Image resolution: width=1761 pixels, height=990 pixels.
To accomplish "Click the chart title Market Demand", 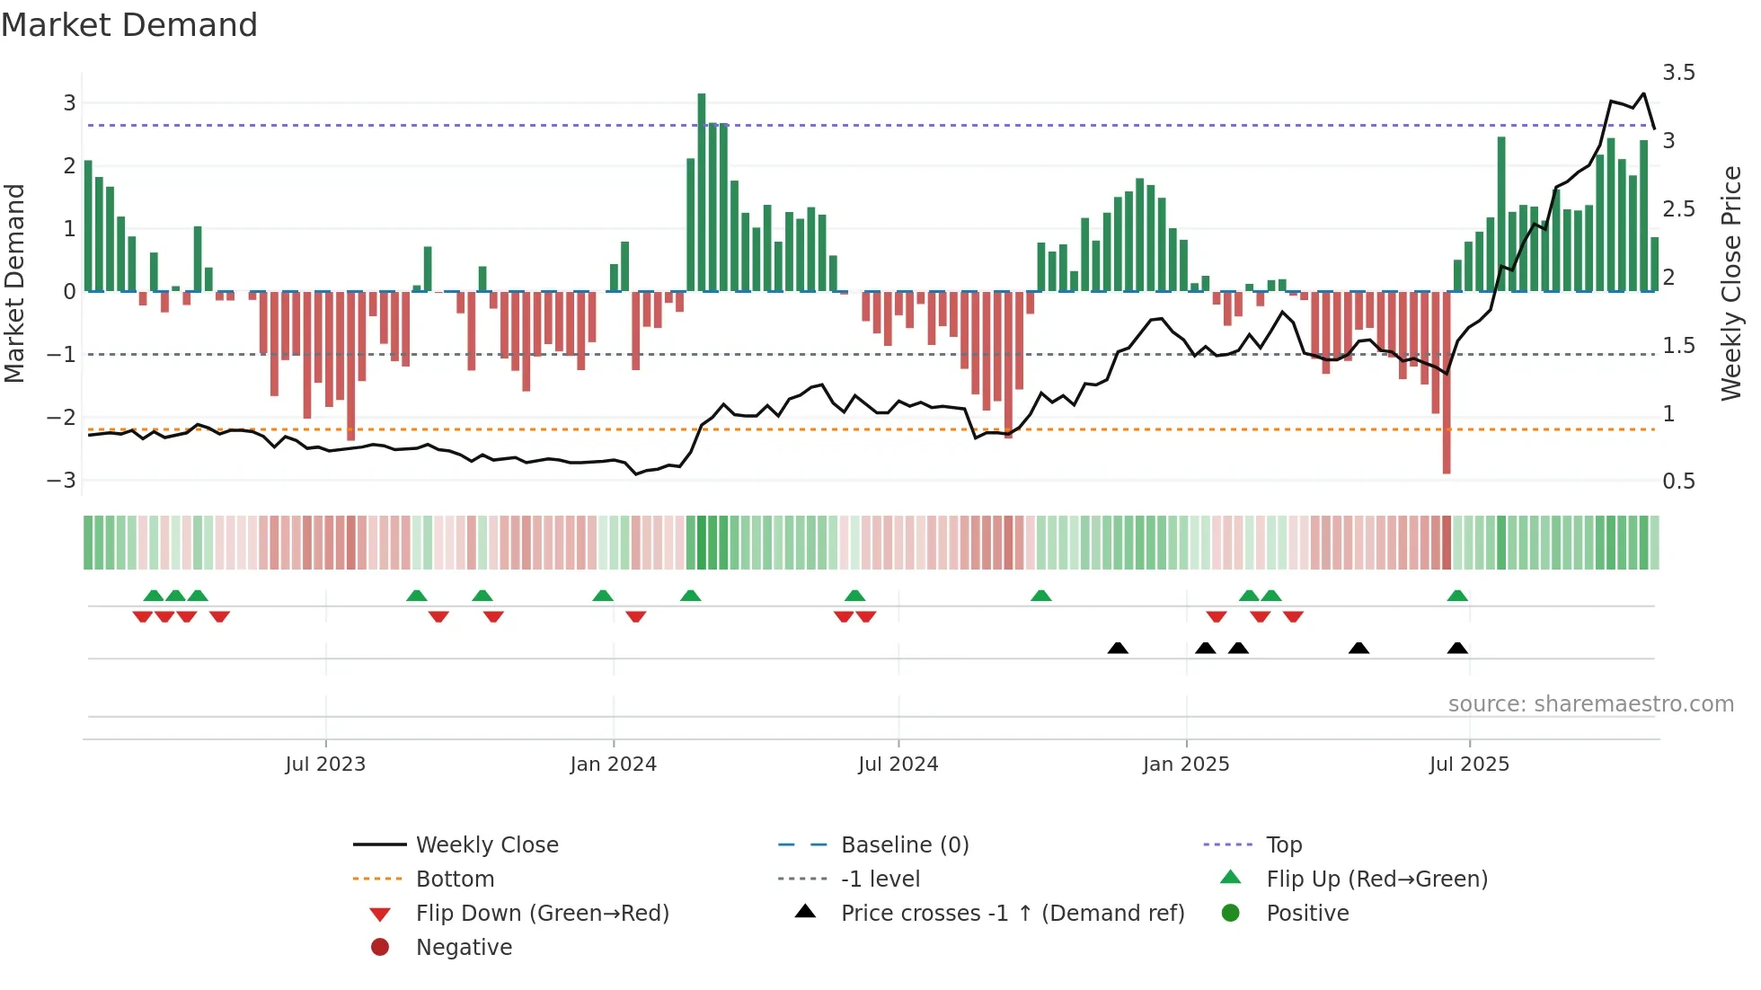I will tap(129, 25).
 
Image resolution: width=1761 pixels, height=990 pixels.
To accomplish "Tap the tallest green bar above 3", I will tap(702, 190).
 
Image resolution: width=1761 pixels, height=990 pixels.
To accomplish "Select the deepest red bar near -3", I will tap(1447, 382).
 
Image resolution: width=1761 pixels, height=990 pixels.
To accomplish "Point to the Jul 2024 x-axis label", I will tap(898, 765).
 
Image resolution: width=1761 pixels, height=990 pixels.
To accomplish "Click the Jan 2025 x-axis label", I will tap(1186, 765).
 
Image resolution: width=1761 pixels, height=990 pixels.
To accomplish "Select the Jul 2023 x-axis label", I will tap(325, 765).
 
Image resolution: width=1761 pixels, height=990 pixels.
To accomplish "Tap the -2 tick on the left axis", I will tap(62, 418).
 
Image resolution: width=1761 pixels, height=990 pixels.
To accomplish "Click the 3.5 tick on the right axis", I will tap(1678, 73).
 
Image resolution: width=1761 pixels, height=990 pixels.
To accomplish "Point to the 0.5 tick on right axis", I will tap(1678, 482).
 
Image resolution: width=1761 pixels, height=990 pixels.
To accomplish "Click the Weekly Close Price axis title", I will tap(1730, 283).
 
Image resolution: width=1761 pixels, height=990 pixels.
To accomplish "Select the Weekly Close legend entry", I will tap(486, 845).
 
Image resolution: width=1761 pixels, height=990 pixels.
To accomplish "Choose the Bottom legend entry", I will tap(455, 880).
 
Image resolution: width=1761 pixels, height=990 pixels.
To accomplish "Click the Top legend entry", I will tap(1284, 845).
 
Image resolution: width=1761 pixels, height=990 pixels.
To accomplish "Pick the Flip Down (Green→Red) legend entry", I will tap(542, 914).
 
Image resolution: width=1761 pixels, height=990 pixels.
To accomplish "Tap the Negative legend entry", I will tap(464, 948).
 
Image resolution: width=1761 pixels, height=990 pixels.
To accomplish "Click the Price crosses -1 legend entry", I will tap(1012, 914).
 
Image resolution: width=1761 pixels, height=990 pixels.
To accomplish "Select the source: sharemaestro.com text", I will tap(1590, 704).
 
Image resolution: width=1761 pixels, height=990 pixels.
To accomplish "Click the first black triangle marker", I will tap(1118, 649).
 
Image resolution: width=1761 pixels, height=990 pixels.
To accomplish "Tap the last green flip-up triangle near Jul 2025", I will tap(1457, 596).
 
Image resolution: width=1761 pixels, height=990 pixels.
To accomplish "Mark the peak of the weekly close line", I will tap(1643, 93).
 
